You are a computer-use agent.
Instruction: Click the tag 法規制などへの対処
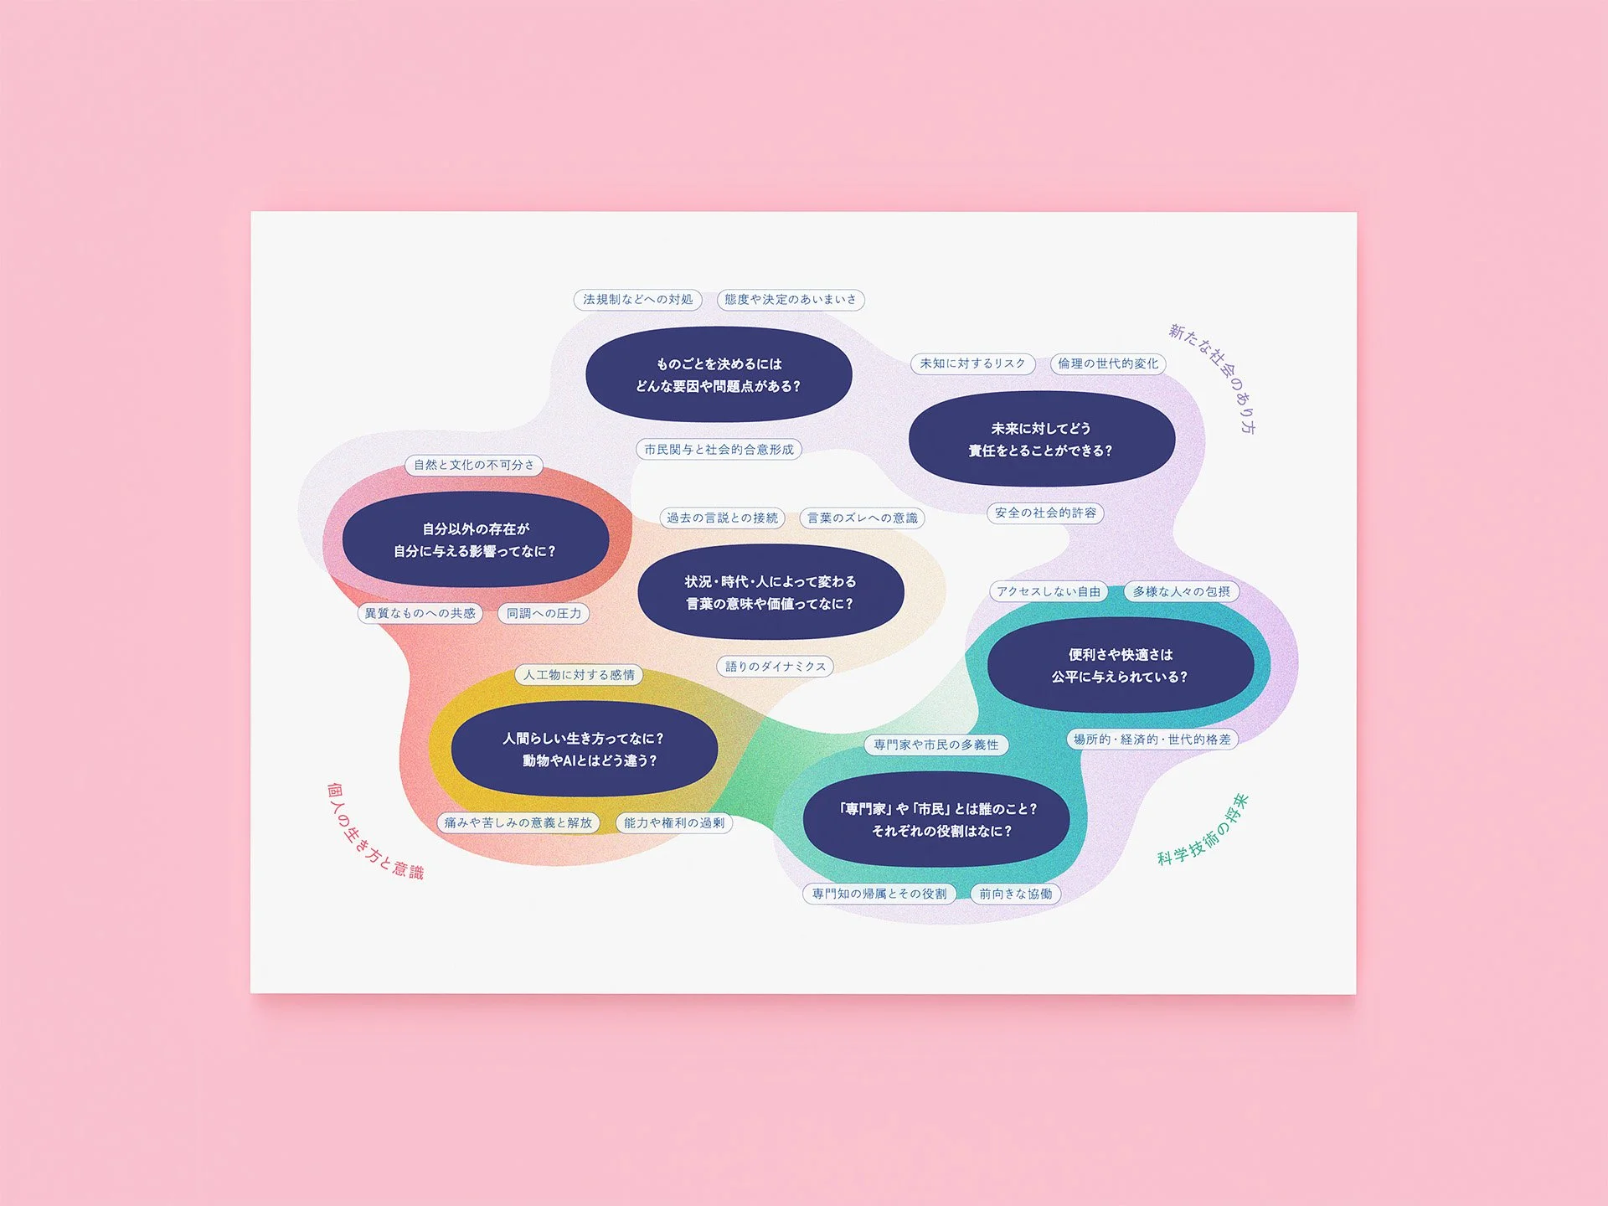click(637, 300)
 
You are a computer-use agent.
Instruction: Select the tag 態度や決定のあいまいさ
click(790, 300)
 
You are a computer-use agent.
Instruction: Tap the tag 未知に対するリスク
click(972, 363)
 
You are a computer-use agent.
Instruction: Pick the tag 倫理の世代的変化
click(1107, 363)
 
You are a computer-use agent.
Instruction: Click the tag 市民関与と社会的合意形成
click(719, 450)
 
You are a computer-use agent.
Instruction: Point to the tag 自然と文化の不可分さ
click(473, 465)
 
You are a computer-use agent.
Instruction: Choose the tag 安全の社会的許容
click(1045, 513)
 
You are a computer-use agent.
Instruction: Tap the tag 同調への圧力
click(544, 613)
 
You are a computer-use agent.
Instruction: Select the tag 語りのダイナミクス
click(775, 667)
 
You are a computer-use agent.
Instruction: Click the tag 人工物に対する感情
click(579, 675)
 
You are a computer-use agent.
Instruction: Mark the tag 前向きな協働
click(1015, 894)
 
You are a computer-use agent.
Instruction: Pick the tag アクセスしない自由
click(1048, 591)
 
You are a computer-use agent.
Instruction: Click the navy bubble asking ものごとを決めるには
click(719, 374)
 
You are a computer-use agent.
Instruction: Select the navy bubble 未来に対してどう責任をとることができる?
click(1041, 439)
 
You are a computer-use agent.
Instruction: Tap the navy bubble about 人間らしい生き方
click(584, 749)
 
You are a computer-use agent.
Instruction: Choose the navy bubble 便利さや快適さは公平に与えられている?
click(1120, 665)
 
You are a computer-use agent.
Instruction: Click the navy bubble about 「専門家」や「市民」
click(935, 819)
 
